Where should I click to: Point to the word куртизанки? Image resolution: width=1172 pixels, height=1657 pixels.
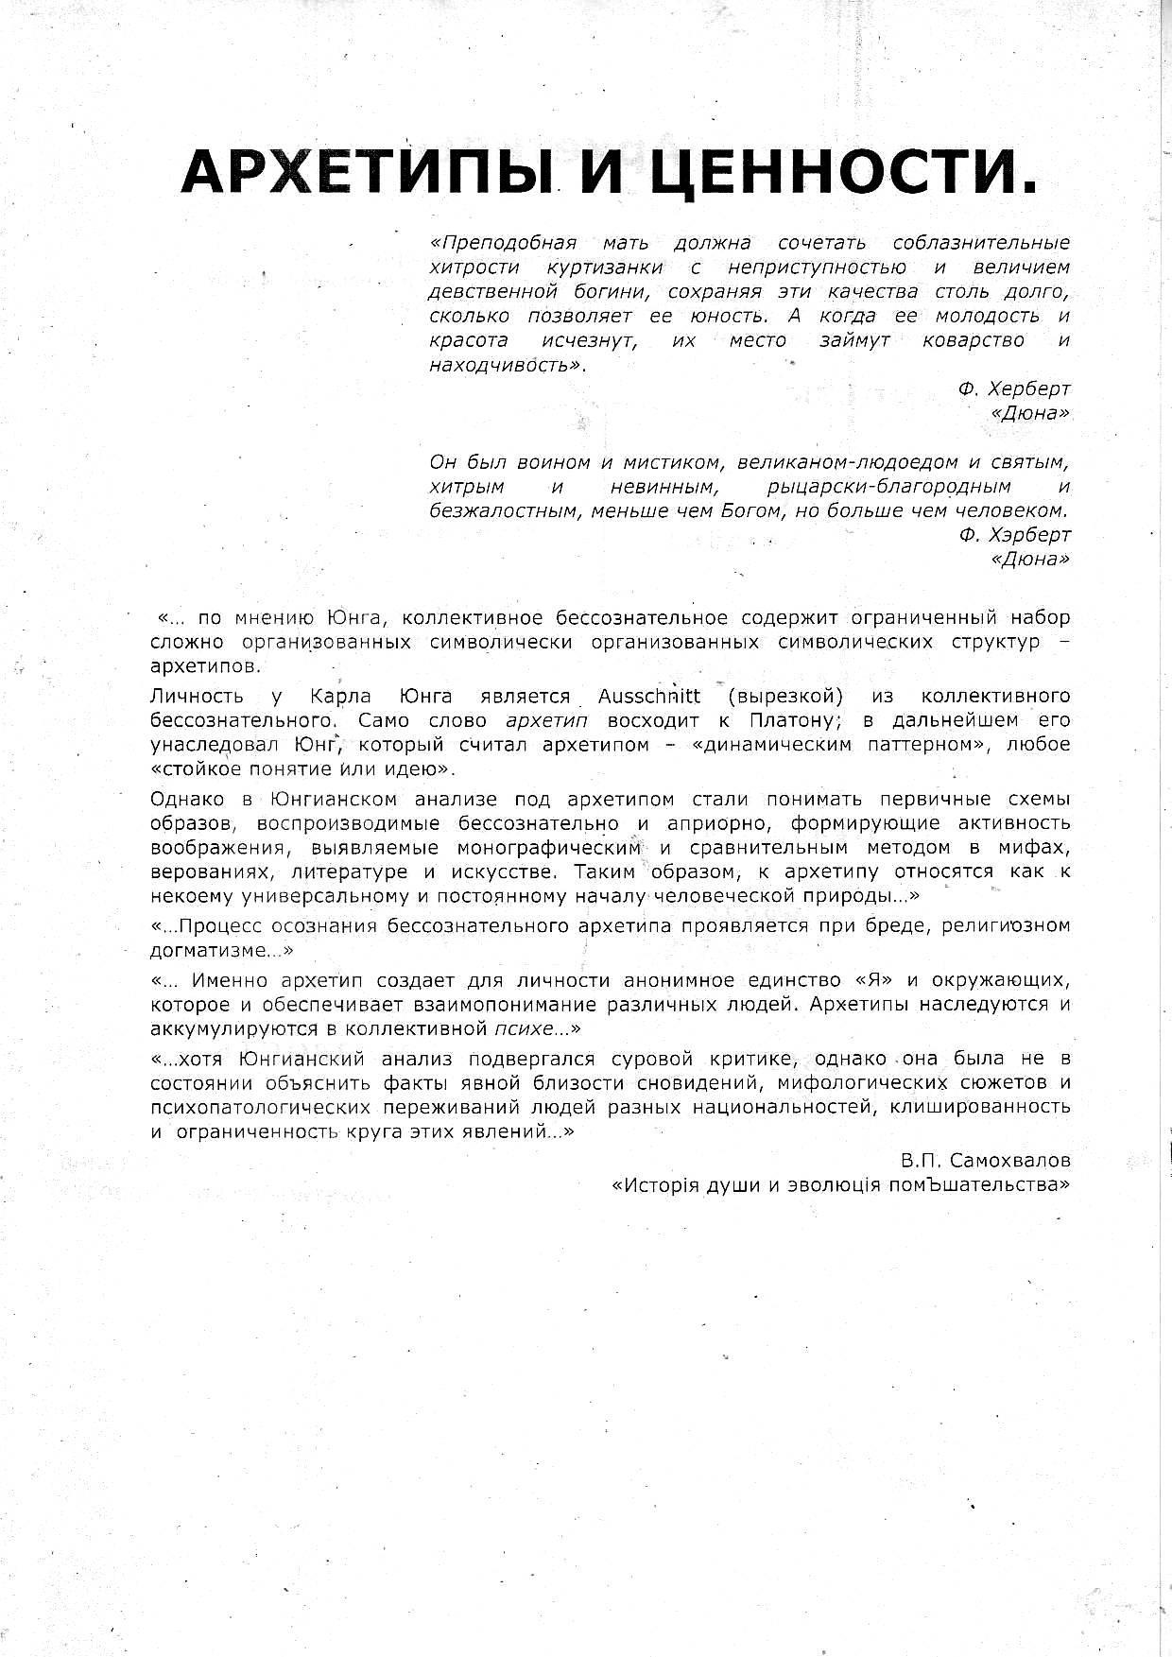[604, 268]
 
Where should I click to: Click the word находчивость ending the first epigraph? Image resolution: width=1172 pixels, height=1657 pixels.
[503, 365]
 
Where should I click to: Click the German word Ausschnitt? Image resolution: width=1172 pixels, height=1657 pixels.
[649, 697]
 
